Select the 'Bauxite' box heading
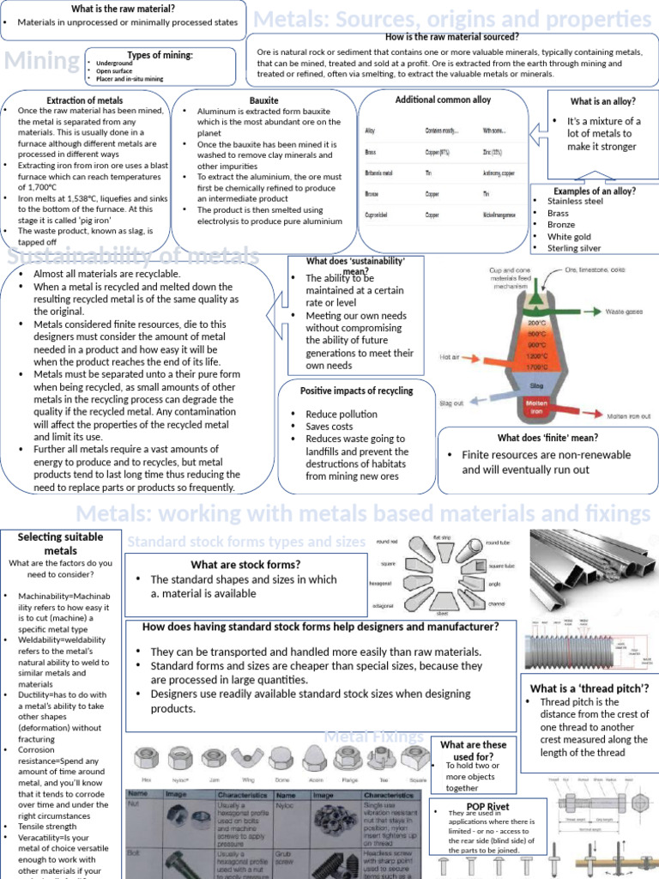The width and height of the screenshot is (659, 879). pos(263,100)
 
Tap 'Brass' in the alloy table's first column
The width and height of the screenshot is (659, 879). pos(371,152)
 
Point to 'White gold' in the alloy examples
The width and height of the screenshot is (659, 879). pos(569,236)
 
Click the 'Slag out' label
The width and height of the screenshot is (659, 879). pos(451,403)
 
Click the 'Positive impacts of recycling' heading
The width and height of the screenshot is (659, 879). pos(356,391)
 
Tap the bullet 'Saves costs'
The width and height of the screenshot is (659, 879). pos(329,427)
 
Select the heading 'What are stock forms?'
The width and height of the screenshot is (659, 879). pos(245,564)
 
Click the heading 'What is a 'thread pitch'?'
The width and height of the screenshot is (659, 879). pos(589,688)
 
